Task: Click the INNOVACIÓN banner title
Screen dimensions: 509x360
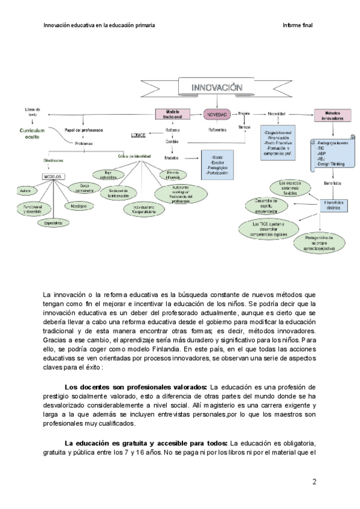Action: [x=217, y=88]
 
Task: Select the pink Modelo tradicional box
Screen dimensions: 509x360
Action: [x=173, y=113]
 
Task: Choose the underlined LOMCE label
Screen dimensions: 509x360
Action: [x=139, y=135]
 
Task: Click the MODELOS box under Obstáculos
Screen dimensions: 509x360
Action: [x=53, y=176]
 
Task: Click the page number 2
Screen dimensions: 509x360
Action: [x=314, y=481]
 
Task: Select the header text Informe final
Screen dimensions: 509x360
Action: [x=298, y=25]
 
